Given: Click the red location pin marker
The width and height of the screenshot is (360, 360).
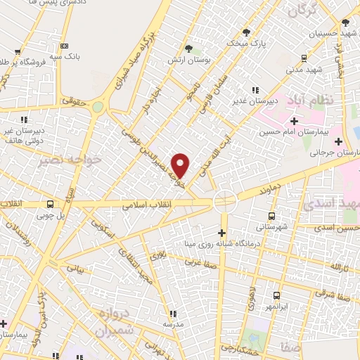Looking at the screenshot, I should coord(181,165).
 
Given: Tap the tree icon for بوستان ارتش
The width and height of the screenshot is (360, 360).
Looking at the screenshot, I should coord(188,48).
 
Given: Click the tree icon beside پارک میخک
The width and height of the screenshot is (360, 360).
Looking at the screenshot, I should coord(246,32).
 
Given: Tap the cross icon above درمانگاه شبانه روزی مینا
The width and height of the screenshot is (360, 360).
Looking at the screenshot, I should coord(222,233).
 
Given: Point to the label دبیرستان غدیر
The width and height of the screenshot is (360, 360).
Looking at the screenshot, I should coord(256,100).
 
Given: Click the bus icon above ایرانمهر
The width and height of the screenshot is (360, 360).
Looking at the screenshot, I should coord(276,296).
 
